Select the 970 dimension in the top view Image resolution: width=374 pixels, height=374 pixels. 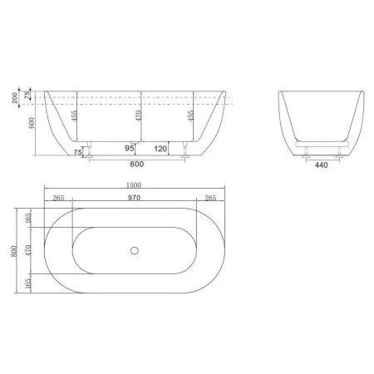point(133,199)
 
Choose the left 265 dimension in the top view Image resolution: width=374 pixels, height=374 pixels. point(57,199)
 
